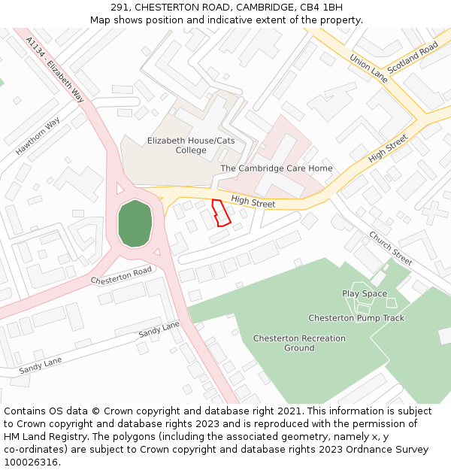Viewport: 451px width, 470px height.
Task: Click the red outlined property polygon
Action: pyautogui.click(x=220, y=214)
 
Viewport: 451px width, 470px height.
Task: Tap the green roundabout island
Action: pyautogui.click(x=135, y=223)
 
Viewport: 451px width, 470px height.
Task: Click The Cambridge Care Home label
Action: pyautogui.click(x=276, y=168)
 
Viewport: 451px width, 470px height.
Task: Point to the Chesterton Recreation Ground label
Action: pyautogui.click(x=299, y=343)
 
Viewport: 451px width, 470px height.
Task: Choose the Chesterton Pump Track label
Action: pyautogui.click(x=356, y=318)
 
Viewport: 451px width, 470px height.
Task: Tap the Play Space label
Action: pyautogui.click(x=365, y=294)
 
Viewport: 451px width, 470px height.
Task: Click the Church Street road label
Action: pyautogui.click(x=390, y=247)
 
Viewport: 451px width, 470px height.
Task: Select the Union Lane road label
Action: pyautogui.click(x=368, y=67)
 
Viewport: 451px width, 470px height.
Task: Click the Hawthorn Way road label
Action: pyautogui.click(x=38, y=136)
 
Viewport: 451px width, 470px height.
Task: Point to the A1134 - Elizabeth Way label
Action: pyautogui.click(x=55, y=69)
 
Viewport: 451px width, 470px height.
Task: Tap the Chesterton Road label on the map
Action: pyautogui.click(x=121, y=276)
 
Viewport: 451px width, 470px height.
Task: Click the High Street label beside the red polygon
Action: pyautogui.click(x=253, y=202)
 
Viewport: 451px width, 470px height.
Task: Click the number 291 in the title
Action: pyautogui.click(x=129, y=8)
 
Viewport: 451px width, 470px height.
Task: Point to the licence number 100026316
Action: pyautogui.click(x=31, y=462)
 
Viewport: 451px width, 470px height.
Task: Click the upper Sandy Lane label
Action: pyautogui.click(x=159, y=329)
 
